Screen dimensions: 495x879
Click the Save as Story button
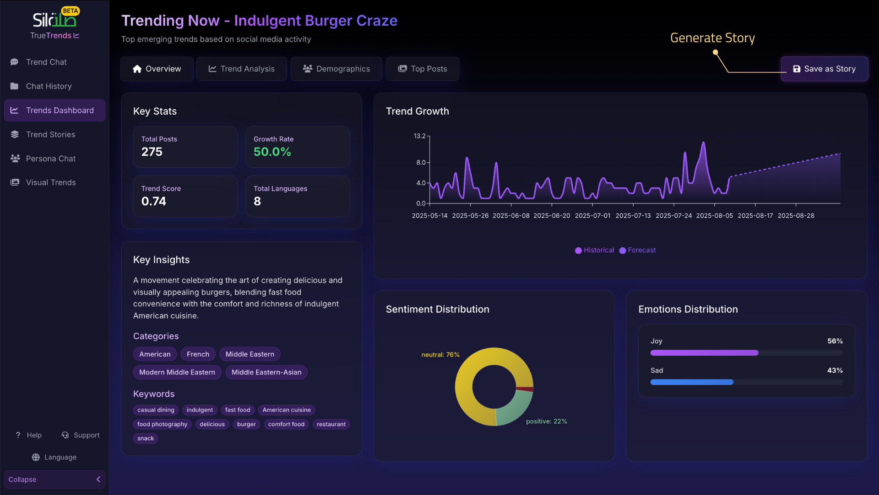[824, 69]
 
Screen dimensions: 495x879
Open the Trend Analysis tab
[242, 69]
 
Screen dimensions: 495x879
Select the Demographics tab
[336, 69]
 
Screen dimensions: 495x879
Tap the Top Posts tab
[423, 69]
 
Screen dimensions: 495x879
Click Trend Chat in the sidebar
[46, 62]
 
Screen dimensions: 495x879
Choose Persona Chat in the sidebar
[51, 159]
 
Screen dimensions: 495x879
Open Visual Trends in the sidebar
[51, 182]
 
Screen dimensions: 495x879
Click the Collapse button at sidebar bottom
[54, 479]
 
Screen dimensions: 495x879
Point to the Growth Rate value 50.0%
[272, 152]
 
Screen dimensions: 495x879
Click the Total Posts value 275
[152, 152]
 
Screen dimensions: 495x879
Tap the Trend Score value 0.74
[154, 201]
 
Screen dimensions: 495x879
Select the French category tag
[198, 354]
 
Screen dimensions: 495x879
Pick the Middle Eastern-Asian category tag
[266, 372]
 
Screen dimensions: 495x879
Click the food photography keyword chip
[162, 424]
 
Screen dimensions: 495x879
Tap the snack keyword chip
[146, 439]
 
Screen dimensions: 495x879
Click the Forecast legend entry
[638, 250]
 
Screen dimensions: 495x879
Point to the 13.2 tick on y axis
[419, 136]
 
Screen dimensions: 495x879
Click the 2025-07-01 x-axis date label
[592, 216]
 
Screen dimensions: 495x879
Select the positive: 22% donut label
[546, 421]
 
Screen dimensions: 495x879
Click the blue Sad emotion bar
[691, 382]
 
